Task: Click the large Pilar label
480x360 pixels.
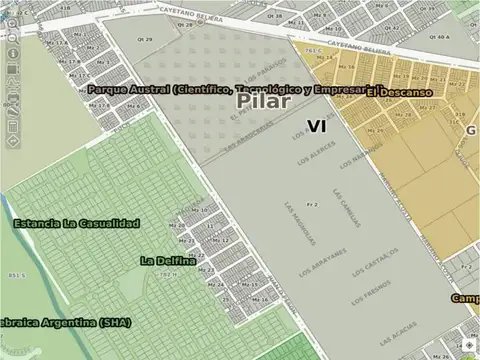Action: pyautogui.click(x=265, y=101)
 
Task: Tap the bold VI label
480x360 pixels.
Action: pyautogui.click(x=317, y=127)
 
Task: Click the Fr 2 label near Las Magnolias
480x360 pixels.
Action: pyautogui.click(x=312, y=204)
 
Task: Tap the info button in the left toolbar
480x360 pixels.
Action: pyautogui.click(x=12, y=52)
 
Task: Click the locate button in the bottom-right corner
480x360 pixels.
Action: pyautogui.click(x=470, y=345)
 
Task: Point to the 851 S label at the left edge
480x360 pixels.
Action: pyautogui.click(x=15, y=274)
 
